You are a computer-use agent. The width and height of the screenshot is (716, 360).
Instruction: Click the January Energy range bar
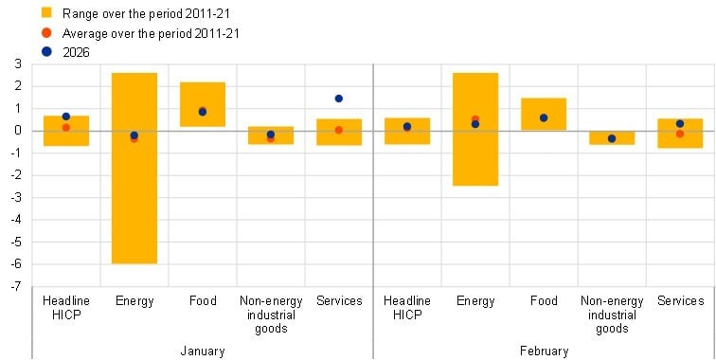134,168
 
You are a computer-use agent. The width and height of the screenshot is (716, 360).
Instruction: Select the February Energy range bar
474,129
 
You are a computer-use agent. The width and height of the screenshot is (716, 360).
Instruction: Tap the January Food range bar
202,104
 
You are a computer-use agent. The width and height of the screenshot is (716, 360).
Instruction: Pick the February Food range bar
543,114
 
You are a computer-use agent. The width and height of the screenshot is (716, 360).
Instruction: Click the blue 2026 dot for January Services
338,99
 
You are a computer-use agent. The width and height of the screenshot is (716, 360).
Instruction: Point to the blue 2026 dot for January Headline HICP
65,117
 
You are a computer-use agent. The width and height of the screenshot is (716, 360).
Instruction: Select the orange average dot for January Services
338,130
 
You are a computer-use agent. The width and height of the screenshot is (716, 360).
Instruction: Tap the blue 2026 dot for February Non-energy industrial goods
611,138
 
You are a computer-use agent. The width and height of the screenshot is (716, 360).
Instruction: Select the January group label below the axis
202,351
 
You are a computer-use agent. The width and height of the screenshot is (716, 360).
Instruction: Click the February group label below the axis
543,351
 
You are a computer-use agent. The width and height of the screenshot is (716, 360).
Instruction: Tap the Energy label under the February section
474,301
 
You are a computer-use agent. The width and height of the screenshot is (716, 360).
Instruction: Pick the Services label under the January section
338,301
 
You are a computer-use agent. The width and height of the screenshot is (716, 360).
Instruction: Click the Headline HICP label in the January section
65,308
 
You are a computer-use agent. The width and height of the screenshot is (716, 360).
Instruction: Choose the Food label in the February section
543,301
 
